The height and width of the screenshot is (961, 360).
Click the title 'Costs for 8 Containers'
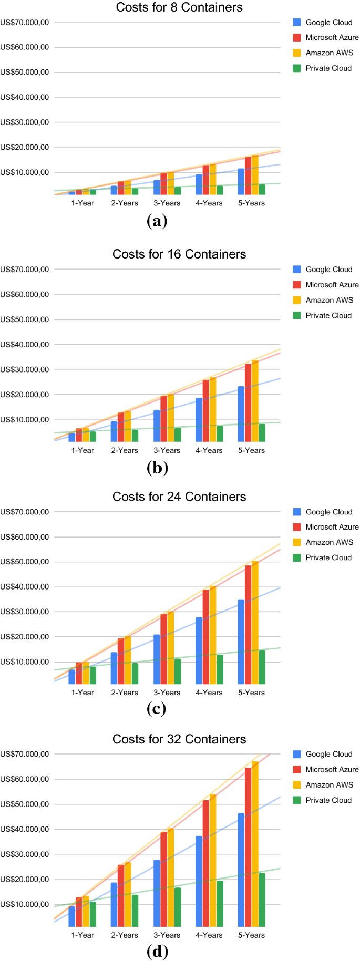coord(179,7)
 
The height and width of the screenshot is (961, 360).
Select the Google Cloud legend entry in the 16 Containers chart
coord(323,270)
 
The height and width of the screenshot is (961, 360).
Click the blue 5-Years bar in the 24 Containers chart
coord(241,642)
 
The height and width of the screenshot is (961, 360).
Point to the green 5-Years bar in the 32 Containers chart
coord(262,900)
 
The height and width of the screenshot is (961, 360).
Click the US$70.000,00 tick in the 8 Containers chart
coord(25,23)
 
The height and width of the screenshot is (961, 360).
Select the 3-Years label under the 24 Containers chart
coord(167,693)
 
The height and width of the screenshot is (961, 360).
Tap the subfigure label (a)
coord(157,221)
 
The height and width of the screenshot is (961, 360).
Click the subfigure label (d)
coord(157,952)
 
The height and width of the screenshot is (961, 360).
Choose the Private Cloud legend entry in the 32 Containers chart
coord(323,800)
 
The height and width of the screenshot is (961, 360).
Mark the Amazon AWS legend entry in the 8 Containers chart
coord(323,53)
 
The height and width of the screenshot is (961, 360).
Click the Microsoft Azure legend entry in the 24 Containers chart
coord(326,527)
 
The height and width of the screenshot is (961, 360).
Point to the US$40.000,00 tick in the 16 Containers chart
coord(25,345)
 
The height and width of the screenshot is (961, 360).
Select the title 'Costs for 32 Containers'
coord(179,739)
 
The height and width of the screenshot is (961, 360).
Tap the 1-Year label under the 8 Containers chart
coord(83,203)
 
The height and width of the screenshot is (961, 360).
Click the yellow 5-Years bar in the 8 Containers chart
coord(255,175)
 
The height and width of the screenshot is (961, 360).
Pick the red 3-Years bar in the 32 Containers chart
coord(163,880)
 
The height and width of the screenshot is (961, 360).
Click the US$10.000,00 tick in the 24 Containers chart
coord(25,662)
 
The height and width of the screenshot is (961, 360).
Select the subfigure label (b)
coord(157,468)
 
